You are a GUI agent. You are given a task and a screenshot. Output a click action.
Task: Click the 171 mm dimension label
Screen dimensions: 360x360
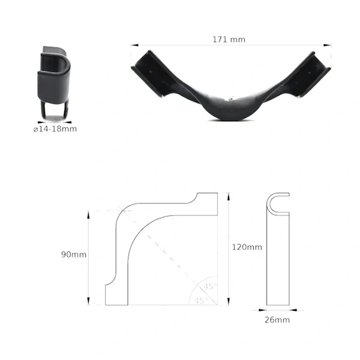point(229,40)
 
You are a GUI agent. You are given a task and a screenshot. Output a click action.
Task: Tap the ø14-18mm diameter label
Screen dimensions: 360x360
point(55,129)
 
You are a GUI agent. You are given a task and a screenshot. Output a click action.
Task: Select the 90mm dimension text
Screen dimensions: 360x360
point(74,254)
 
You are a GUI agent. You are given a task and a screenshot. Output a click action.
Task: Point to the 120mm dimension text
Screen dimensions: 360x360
point(247,247)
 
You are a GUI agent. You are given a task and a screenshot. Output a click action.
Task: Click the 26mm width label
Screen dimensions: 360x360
point(277,320)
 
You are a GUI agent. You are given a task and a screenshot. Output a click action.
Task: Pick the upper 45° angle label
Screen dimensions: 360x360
point(211,286)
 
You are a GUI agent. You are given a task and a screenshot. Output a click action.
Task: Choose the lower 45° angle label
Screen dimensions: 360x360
point(202,301)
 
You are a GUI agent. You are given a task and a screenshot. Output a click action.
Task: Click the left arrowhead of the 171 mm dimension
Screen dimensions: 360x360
point(134,45)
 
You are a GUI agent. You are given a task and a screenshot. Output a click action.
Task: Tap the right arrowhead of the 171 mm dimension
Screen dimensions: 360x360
point(328,45)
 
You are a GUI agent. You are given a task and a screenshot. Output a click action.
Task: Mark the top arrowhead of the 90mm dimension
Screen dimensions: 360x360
point(88,215)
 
